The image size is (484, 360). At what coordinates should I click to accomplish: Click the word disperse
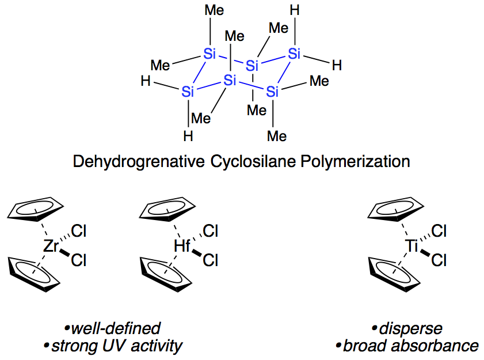[407, 328]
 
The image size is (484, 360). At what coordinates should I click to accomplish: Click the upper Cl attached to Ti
[439, 232]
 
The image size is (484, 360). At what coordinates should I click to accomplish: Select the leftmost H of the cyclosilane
[146, 82]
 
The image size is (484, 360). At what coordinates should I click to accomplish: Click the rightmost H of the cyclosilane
[337, 65]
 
